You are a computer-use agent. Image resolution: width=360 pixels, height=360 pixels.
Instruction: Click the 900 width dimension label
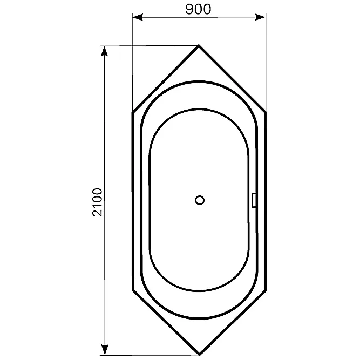[198, 9]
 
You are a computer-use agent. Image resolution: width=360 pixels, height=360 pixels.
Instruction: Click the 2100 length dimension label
[97, 202]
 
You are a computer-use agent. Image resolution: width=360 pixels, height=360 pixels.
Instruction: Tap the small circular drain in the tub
[200, 200]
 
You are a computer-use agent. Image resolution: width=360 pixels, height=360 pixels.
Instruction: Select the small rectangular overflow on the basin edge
[254, 200]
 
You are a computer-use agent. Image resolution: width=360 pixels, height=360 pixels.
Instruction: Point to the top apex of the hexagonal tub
[199, 45]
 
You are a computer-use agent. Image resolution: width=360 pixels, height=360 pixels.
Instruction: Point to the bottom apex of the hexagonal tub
[199, 354]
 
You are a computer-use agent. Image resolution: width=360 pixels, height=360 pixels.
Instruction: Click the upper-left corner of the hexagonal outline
[133, 112]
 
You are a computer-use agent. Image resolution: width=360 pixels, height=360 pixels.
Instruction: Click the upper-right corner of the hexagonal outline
[266, 112]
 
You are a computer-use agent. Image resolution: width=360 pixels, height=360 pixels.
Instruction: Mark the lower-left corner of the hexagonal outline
[133, 290]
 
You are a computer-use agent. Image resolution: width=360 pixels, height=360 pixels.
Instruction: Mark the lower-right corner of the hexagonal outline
[266, 291]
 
